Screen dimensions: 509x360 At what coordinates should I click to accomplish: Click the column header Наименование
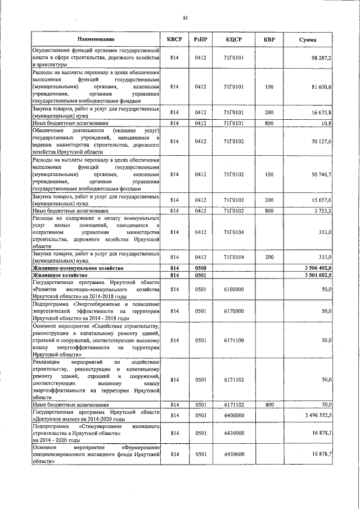tap(96, 40)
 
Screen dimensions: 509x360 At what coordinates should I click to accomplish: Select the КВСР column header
tap(175, 40)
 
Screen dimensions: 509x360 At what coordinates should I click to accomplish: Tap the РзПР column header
tap(201, 40)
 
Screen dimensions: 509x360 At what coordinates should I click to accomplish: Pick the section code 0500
tap(201, 268)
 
